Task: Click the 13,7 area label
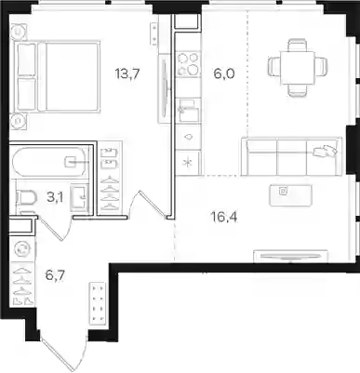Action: [x=127, y=74]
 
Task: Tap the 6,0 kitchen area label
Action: [x=224, y=73]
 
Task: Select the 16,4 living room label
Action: [x=224, y=218]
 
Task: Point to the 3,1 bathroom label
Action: [x=55, y=197]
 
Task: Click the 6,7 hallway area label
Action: [x=55, y=275]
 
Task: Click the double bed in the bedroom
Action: [x=58, y=76]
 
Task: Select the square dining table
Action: [x=298, y=67]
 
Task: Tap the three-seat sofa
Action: [x=292, y=156]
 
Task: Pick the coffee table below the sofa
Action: [x=290, y=195]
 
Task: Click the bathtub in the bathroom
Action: [x=49, y=162]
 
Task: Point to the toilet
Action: [x=26, y=197]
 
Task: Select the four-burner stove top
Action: [x=188, y=65]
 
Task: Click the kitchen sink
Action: [x=188, y=111]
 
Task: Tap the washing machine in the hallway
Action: [x=22, y=249]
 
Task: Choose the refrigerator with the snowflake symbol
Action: [x=188, y=164]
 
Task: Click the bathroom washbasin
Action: [x=80, y=196]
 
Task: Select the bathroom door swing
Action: [x=55, y=229]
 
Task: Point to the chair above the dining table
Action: [x=298, y=44]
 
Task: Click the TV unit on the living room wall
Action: [x=291, y=256]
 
